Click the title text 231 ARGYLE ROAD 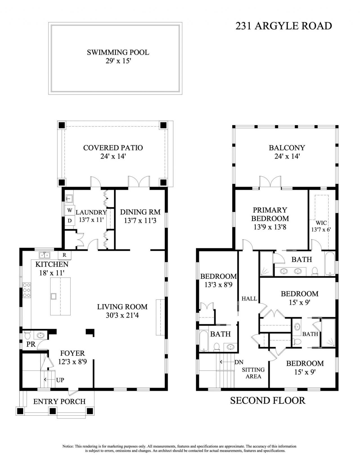(x=283, y=26)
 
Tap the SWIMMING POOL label (x=118, y=52)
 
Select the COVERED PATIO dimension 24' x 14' (x=113, y=157)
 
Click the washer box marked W (x=69, y=210)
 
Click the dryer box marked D (x=69, y=220)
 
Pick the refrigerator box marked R (x=64, y=255)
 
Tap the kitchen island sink (x=53, y=296)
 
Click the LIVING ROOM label (x=122, y=307)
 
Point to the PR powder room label (x=31, y=344)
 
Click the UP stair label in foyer (x=60, y=380)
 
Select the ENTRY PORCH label (x=59, y=402)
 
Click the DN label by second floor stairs (x=239, y=362)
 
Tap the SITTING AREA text (x=253, y=373)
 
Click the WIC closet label (x=321, y=223)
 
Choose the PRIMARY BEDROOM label (x=270, y=214)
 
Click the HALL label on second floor (x=249, y=299)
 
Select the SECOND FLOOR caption (x=267, y=400)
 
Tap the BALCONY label (x=287, y=148)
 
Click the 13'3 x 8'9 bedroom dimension (x=218, y=285)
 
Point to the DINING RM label (x=140, y=212)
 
